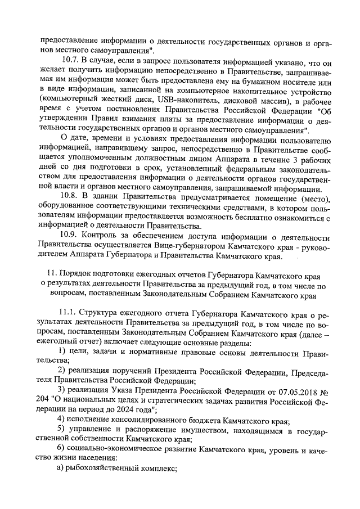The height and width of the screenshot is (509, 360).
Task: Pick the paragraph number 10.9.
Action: click(70, 248)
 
